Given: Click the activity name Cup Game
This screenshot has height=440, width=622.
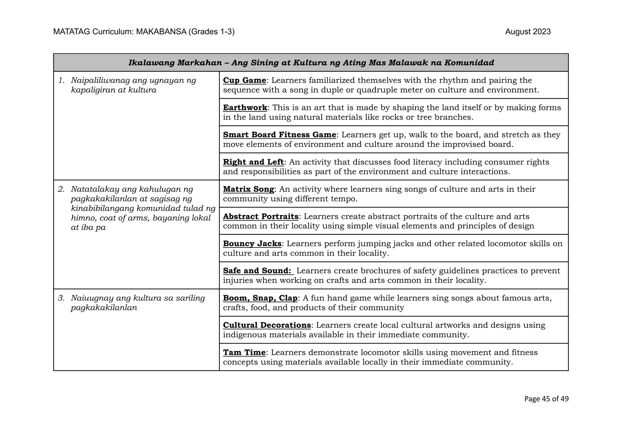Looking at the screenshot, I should pos(244,80).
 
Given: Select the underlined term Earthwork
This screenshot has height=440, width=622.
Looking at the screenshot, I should pos(245,108).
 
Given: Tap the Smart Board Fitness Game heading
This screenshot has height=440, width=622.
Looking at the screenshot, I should pos(279,135).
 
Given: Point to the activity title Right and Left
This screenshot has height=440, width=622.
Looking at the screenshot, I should pos(253,162).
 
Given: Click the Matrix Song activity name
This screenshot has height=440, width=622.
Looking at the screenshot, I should pos(248,189).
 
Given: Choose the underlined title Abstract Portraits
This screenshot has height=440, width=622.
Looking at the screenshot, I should pos(261,217).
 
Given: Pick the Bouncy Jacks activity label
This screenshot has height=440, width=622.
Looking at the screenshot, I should pos(252,244).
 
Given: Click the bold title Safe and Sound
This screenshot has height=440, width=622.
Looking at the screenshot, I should pos(257,271).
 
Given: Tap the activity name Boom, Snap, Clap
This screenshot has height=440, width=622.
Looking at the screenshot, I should pos(260,298).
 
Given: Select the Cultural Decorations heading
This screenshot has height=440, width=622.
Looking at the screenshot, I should pos(267,325).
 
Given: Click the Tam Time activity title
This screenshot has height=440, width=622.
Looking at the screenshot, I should pos(244,353).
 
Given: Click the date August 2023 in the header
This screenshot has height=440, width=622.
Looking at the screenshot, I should pos(528,32).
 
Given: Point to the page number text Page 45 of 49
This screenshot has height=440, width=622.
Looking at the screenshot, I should pos(546,399).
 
